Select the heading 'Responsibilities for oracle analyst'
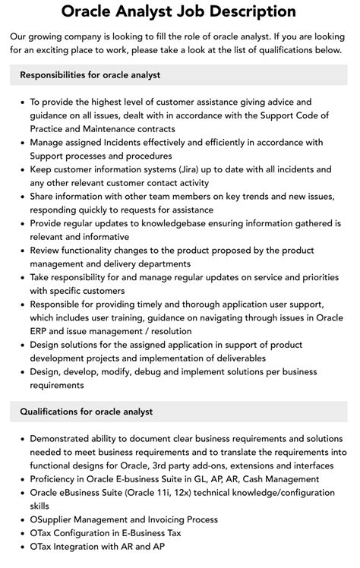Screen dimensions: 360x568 coord(90,75)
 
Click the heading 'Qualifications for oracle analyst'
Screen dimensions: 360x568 coord(86,412)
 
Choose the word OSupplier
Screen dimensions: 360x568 coord(54,519)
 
